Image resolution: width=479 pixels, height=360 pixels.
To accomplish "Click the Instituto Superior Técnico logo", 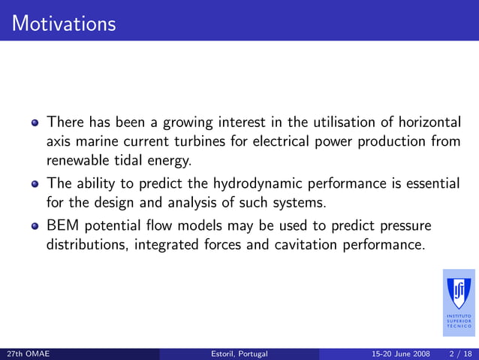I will coord(459,302).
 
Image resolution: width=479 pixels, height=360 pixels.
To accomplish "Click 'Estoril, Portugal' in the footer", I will coord(239,353).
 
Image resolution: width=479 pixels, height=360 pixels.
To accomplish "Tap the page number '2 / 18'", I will coord(459,353).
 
